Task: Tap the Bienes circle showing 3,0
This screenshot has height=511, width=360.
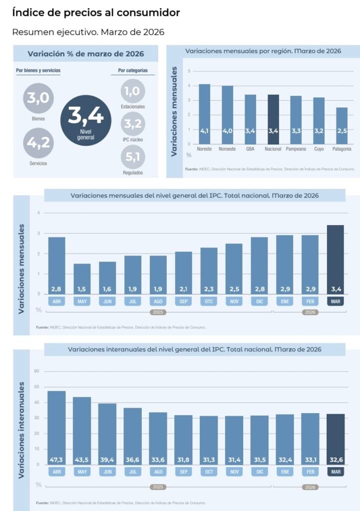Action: click(x=38, y=98)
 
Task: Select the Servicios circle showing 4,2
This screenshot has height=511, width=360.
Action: click(x=38, y=143)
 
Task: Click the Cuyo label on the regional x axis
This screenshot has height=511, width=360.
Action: click(x=319, y=149)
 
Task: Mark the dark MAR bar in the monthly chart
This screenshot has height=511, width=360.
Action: click(x=335, y=259)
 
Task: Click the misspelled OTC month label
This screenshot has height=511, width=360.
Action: click(x=209, y=301)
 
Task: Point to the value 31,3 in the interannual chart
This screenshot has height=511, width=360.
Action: click(x=209, y=460)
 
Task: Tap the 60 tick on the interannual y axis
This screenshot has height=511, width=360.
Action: click(x=36, y=371)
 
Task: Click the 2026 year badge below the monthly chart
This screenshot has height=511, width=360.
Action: click(x=310, y=312)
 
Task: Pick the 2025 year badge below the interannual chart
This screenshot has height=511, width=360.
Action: click(x=158, y=486)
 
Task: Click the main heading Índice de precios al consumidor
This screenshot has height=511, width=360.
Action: click(x=96, y=12)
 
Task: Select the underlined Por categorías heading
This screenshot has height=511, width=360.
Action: click(x=132, y=70)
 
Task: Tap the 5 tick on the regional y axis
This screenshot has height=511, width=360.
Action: click(x=189, y=71)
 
